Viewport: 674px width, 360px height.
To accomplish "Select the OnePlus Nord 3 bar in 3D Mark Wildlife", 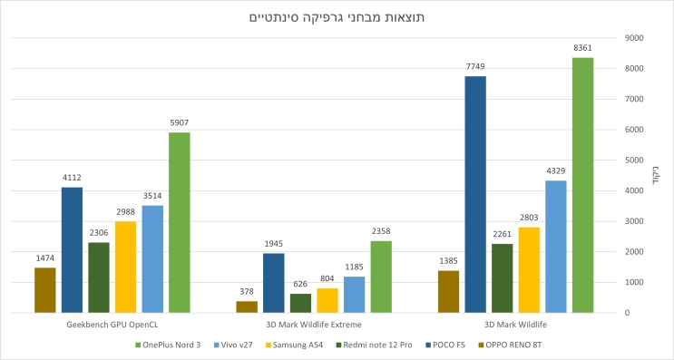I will point(582,185).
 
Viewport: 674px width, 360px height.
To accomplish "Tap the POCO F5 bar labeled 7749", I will point(475,194).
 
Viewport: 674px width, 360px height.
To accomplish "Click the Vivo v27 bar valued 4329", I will point(556,247).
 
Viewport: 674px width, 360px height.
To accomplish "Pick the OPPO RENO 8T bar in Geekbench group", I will point(45,290).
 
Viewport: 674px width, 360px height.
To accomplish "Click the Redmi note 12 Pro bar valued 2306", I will point(99,277).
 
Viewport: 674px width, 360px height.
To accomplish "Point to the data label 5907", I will point(180,122).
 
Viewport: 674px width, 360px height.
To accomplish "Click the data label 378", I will point(247,292).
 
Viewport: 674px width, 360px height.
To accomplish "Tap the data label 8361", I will point(582,48).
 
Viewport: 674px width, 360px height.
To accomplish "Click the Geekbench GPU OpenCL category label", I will point(112,325).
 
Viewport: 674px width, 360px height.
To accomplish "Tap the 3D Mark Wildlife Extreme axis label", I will point(314,325).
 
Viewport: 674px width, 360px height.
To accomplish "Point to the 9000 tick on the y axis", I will point(635,38).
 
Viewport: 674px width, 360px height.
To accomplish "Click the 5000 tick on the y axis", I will point(635,161).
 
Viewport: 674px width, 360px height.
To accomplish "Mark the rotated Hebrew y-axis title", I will point(655,175).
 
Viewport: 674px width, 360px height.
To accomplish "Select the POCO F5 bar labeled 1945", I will point(273,283).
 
